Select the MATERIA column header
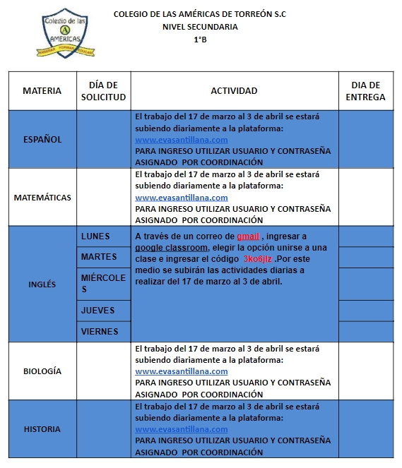pos(42,91)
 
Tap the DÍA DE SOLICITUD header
pos(103,91)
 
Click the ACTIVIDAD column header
pos(234,91)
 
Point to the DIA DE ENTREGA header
pos(365,91)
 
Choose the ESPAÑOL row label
pos(42,139)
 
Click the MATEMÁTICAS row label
pos(42,198)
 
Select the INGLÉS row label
pos(42,284)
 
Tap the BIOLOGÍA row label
pos(42,371)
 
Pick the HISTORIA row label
pos(42,429)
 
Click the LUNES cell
pos(95,236)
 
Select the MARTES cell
pos(99,256)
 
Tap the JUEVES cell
pos(97,311)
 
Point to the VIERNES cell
pos(100,331)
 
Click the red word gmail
pos(248,236)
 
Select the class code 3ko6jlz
pos(258,259)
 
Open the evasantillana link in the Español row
pos(181,140)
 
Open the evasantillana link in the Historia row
pos(181,429)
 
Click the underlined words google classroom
pos(171,248)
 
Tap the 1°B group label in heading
pos(201,40)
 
